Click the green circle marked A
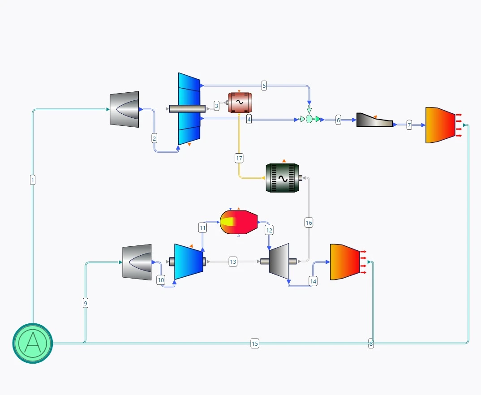point(32,343)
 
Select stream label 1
point(33,180)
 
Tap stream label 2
point(155,138)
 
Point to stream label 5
point(264,86)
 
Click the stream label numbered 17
point(239,158)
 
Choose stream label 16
point(309,223)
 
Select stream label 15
point(255,343)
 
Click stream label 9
point(86,303)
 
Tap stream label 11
point(202,228)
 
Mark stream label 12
point(269,230)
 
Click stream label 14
point(313,281)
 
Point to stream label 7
point(409,125)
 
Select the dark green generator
point(282,178)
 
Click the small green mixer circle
point(309,119)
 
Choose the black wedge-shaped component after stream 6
point(374,120)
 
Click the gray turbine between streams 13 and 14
point(279,261)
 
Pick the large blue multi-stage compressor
point(189,109)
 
